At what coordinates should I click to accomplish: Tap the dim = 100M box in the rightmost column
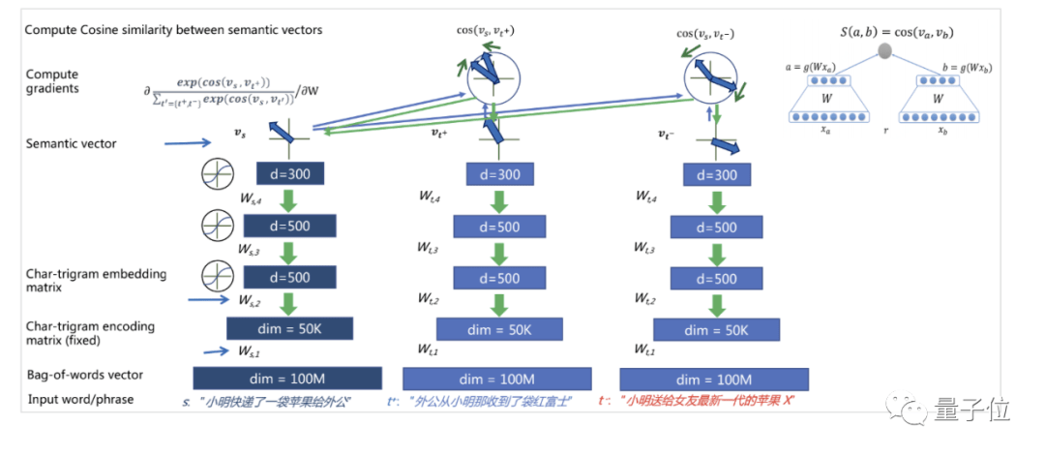pos(713,379)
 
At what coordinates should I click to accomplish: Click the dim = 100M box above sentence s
pos(287,379)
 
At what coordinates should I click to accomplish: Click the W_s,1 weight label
pos(250,350)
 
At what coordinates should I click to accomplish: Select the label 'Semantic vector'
pos(71,144)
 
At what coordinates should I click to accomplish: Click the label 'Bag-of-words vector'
pos(85,375)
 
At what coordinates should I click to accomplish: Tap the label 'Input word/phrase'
pos(80,399)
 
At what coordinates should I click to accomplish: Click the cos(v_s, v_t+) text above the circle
pos(486,30)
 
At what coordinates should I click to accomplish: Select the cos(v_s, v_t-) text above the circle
pos(705,33)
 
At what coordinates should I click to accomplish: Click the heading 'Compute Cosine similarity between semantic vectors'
pos(174,30)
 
